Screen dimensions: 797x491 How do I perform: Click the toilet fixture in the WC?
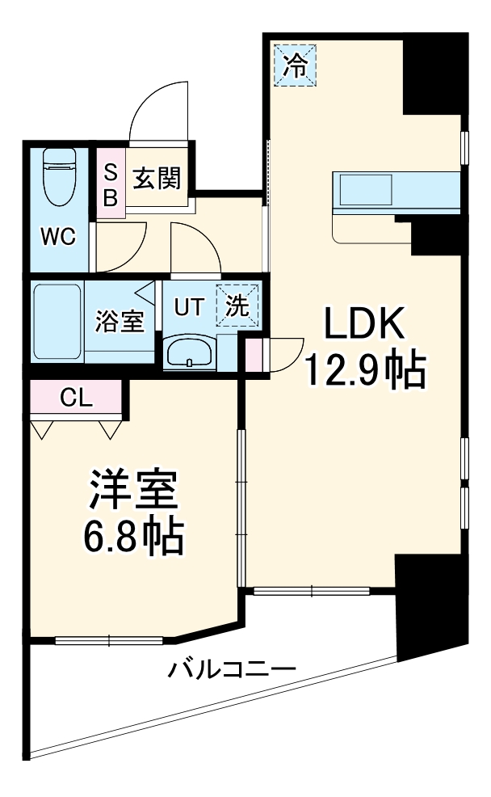(x=58, y=175)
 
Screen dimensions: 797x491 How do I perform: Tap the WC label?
(x=58, y=237)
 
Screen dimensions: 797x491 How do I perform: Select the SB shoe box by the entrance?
(x=111, y=184)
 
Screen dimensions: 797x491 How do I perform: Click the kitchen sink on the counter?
(x=366, y=192)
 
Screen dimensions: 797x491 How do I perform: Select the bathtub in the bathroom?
(x=57, y=322)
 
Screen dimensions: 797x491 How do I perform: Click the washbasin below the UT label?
(x=189, y=352)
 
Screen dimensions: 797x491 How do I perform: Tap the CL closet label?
(x=77, y=398)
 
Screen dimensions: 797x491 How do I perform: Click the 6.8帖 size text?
(x=133, y=536)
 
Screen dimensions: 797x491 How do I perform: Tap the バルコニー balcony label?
(x=233, y=669)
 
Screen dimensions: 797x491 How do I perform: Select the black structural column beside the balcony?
(x=428, y=606)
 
